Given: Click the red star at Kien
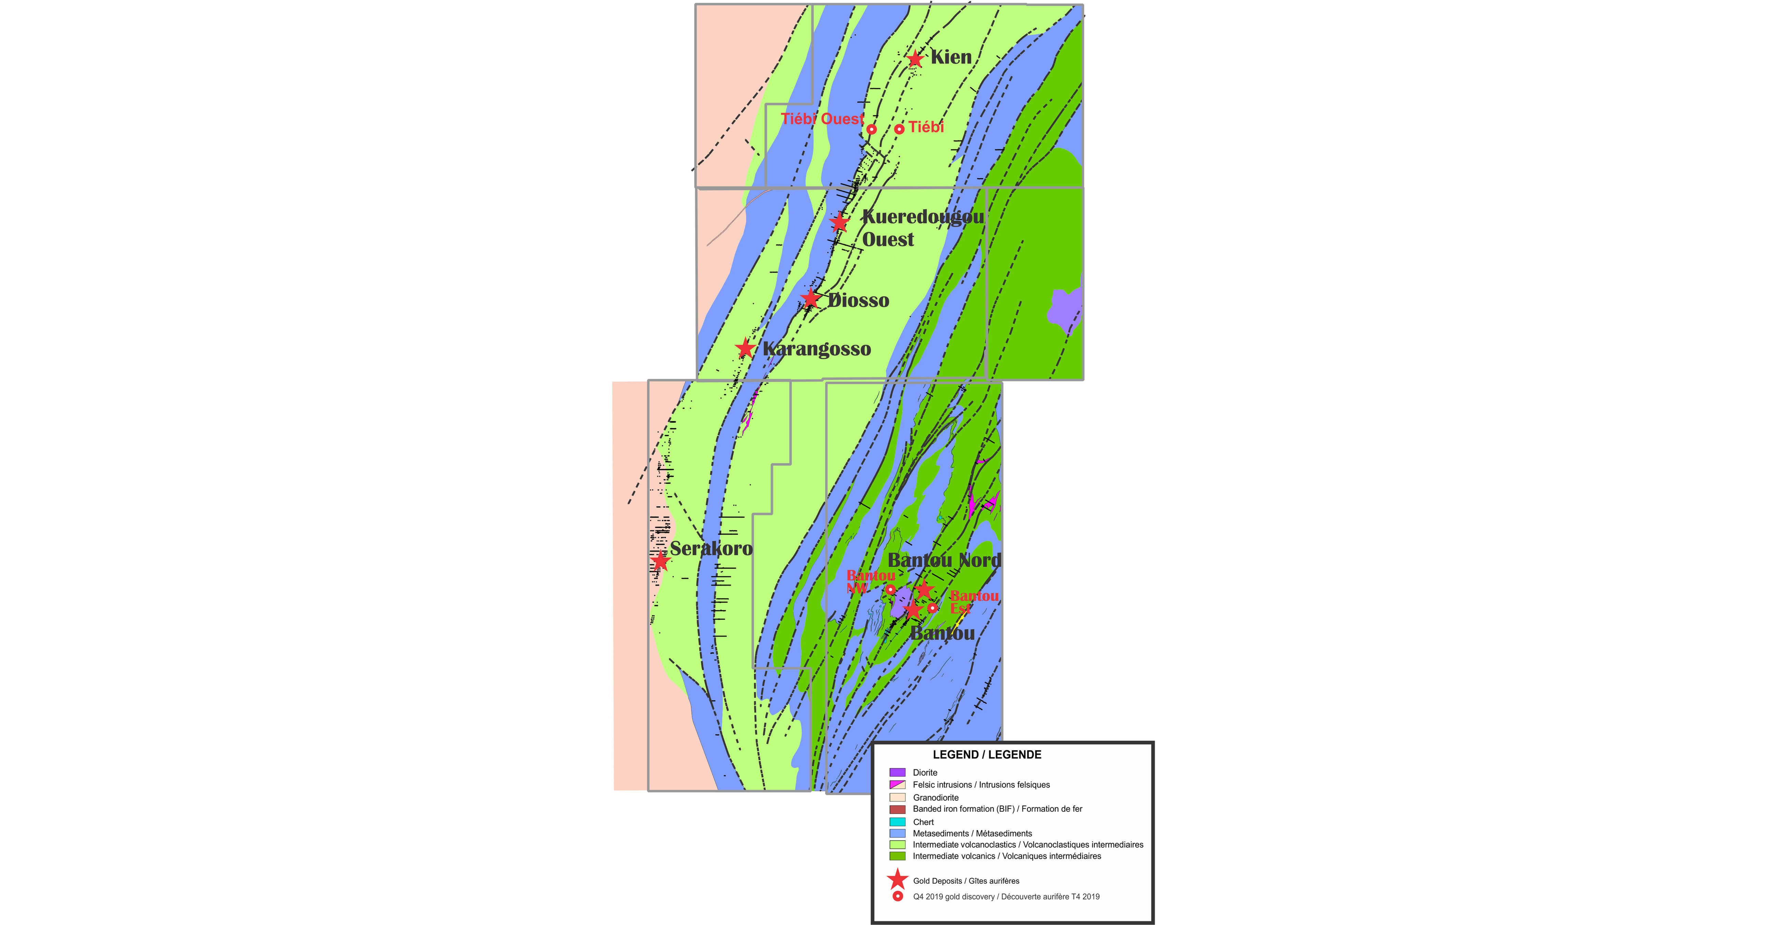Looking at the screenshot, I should [x=915, y=59].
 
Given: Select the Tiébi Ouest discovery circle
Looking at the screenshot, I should [x=871, y=129].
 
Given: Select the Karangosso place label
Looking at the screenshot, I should [x=817, y=349].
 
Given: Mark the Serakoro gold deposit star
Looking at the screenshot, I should [x=660, y=561].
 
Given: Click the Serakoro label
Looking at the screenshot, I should [x=711, y=548].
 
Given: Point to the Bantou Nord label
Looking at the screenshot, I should [x=945, y=560].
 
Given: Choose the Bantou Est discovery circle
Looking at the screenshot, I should [x=932, y=607].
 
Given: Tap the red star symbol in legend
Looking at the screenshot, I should [x=897, y=879].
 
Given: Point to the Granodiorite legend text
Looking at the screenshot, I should [x=936, y=797].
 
